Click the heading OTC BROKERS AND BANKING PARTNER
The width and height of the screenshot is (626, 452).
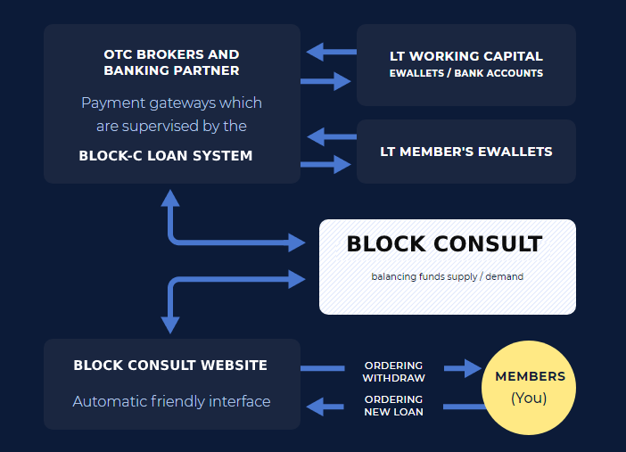pos(171,62)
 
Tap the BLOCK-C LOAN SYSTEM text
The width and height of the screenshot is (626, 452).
pos(166,156)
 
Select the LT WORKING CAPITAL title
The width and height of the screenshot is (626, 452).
pos(466,56)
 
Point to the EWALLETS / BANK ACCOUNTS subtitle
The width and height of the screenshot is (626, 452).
pos(466,73)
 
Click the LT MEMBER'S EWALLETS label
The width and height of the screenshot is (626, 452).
pos(466,152)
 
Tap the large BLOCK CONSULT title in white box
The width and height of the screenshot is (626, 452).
pos(444,243)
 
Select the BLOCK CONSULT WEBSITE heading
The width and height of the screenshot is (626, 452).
pos(170,366)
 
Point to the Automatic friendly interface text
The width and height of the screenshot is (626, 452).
pos(171,401)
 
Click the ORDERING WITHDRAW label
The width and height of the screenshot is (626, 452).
pos(393,372)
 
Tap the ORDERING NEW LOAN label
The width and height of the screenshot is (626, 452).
pos(393,405)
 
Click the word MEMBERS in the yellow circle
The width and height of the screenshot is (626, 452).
pos(530,377)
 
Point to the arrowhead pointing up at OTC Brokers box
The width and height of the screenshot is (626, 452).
pos(170,199)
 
